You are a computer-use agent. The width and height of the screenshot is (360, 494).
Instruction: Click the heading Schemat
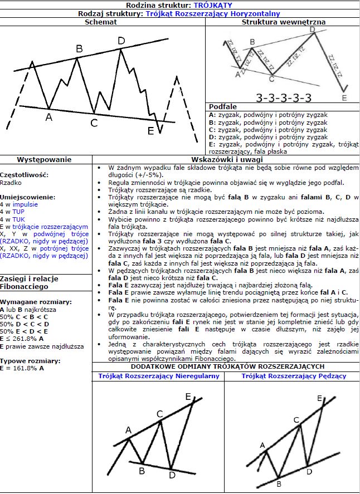pyautogui.click(x=101, y=22)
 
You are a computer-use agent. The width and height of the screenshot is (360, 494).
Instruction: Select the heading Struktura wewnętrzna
pyautogui.click(x=284, y=22)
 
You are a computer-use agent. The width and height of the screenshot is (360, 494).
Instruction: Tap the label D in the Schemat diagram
pyautogui.click(x=121, y=41)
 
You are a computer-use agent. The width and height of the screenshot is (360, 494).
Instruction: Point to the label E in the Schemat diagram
pyautogui.click(x=150, y=131)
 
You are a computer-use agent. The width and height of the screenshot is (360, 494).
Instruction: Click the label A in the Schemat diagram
pyautogui.click(x=48, y=117)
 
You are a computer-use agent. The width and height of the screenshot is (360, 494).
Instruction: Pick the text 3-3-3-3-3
pyautogui.click(x=284, y=98)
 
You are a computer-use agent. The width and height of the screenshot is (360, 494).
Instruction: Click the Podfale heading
pyautogui.click(x=222, y=106)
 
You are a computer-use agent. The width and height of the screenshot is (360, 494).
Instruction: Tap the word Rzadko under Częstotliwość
pyautogui.click(x=11, y=182)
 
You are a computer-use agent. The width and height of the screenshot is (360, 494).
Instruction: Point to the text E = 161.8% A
pyautogui.click(x=22, y=368)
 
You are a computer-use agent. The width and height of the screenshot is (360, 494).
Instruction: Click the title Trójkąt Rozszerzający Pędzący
pyautogui.click(x=294, y=376)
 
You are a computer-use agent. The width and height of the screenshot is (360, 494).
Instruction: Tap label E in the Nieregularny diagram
pyautogui.click(x=188, y=396)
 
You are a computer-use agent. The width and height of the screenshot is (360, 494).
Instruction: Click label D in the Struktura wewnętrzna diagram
pyautogui.click(x=312, y=30)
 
